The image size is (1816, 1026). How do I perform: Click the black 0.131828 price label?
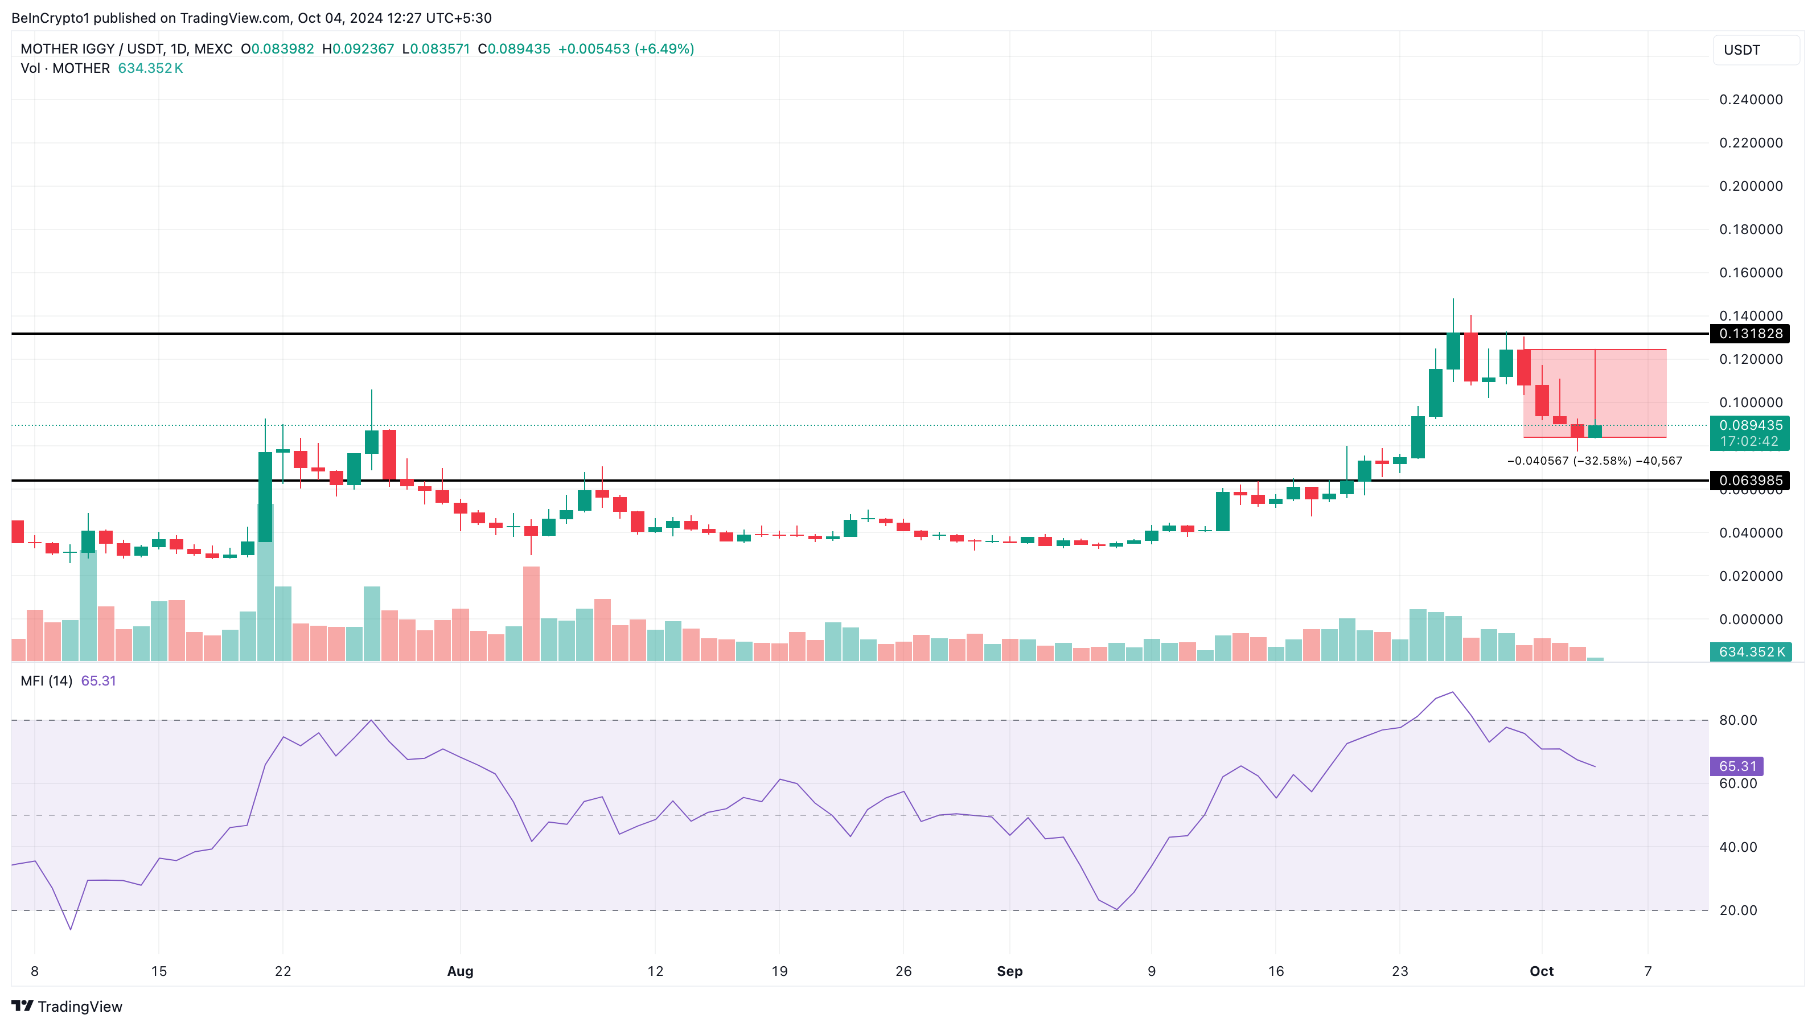coord(1750,334)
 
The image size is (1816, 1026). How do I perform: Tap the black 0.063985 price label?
coord(1750,480)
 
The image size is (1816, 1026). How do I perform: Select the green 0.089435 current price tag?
coord(1750,425)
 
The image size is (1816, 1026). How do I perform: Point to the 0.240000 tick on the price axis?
coord(1751,100)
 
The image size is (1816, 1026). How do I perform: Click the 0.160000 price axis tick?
coord(1751,273)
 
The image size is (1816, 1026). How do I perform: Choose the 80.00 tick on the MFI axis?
coord(1738,720)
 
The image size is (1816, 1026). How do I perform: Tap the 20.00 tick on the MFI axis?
coord(1738,910)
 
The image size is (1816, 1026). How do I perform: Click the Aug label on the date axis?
coord(461,971)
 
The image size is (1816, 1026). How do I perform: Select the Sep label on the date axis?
coord(1009,971)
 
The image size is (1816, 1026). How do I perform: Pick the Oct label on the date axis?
coord(1542,971)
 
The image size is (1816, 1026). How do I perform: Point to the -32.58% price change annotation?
coord(1595,461)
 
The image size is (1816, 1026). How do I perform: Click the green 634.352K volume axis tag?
coord(1751,651)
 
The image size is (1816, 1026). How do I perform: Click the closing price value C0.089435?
coord(514,48)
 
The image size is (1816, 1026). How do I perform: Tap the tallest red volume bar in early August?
coord(532,613)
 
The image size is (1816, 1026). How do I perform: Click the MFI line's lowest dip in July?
coord(71,929)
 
